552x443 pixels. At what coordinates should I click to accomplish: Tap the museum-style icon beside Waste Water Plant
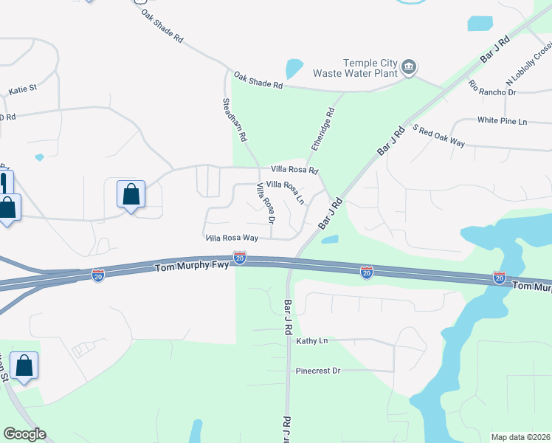pyautogui.click(x=408, y=69)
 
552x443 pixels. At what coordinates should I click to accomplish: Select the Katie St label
pyautogui.click(x=23, y=90)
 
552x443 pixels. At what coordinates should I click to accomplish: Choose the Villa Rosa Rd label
pyautogui.click(x=294, y=170)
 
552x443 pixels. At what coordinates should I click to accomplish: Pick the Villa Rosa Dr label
pyautogui.click(x=266, y=205)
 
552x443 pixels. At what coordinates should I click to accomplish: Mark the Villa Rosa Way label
pyautogui.click(x=232, y=238)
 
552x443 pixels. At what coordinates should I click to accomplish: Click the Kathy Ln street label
pyautogui.click(x=311, y=341)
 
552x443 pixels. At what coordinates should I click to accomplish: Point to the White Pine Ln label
pyautogui.click(x=502, y=120)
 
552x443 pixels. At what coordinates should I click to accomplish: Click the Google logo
pyautogui.click(x=24, y=434)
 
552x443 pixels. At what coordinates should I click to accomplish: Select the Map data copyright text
pyautogui.click(x=521, y=437)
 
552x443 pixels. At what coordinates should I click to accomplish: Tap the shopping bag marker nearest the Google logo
pyautogui.click(x=24, y=365)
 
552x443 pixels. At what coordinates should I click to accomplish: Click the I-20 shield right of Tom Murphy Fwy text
pyautogui.click(x=240, y=258)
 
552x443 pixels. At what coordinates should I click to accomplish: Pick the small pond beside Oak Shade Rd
pyautogui.click(x=294, y=69)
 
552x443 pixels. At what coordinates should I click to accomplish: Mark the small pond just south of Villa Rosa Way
pyautogui.click(x=330, y=239)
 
